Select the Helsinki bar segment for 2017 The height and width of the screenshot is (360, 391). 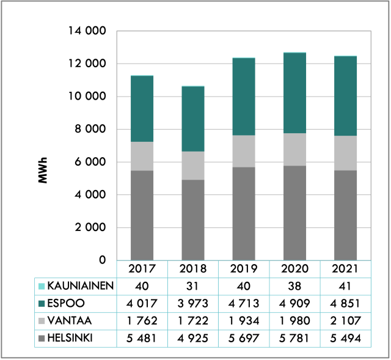pos(142,215)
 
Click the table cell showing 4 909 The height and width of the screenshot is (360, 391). pos(294,303)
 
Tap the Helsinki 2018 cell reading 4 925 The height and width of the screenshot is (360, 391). pos(193,337)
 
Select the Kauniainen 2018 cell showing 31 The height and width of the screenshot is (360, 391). pos(193,285)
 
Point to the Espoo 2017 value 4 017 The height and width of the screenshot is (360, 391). pos(142,303)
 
